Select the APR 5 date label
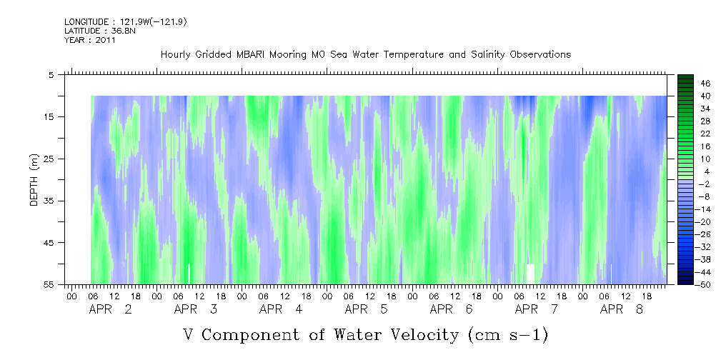point(366,309)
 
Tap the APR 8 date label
point(622,309)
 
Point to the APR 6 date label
point(451,309)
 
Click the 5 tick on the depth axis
point(51,74)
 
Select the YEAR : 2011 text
point(89,40)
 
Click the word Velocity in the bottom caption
point(414,334)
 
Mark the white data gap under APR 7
point(530,273)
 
